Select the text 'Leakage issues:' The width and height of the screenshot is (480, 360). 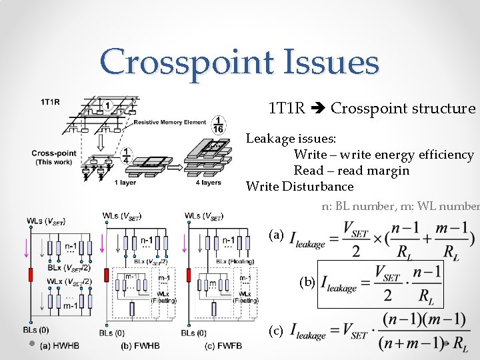[x=291, y=139]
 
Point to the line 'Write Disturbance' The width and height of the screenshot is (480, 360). [x=299, y=186]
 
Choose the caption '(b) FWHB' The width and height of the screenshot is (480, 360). [x=140, y=345]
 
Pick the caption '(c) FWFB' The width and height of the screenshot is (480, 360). [x=223, y=345]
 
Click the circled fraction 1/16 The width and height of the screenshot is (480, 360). [x=219, y=125]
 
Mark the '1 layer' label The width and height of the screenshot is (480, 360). [x=125, y=182]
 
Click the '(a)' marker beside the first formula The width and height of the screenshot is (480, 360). [x=276, y=235]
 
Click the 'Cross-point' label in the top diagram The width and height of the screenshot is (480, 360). [x=52, y=153]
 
